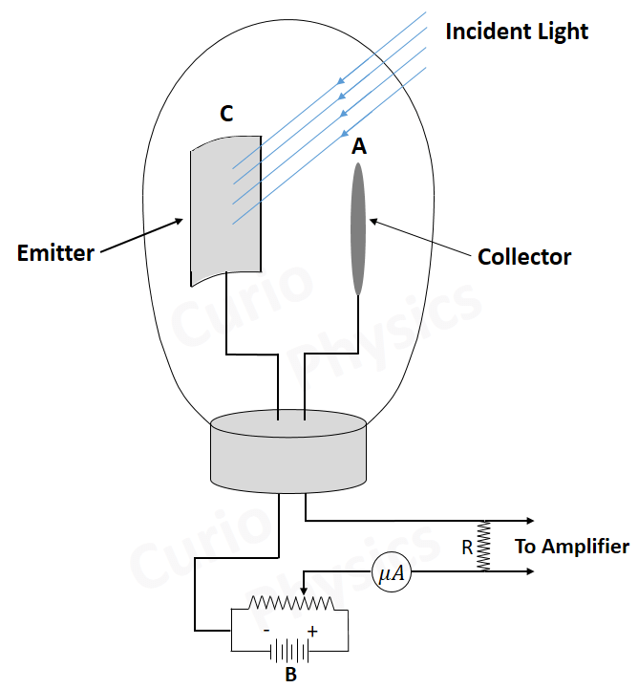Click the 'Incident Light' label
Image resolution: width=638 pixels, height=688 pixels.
(x=517, y=31)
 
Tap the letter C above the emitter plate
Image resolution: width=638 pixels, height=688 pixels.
(x=226, y=114)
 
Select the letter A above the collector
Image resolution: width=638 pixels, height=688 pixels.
(x=359, y=145)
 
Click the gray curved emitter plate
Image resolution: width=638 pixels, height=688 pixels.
(x=225, y=211)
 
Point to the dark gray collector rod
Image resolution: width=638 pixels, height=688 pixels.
(x=358, y=229)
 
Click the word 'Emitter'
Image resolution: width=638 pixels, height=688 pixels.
(x=55, y=253)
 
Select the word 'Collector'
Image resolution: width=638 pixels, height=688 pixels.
(x=524, y=257)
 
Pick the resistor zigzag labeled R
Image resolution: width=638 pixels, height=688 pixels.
(x=484, y=547)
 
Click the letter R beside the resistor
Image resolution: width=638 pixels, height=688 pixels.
(x=467, y=548)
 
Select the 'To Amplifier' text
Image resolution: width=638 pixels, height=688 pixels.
(x=572, y=547)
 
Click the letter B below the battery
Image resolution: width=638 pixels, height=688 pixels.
(x=291, y=676)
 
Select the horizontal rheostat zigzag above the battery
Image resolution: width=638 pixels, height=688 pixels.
(x=291, y=605)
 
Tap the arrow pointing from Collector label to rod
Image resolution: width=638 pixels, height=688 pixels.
(x=421, y=240)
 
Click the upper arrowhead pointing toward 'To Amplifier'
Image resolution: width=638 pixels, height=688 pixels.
(x=527, y=521)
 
